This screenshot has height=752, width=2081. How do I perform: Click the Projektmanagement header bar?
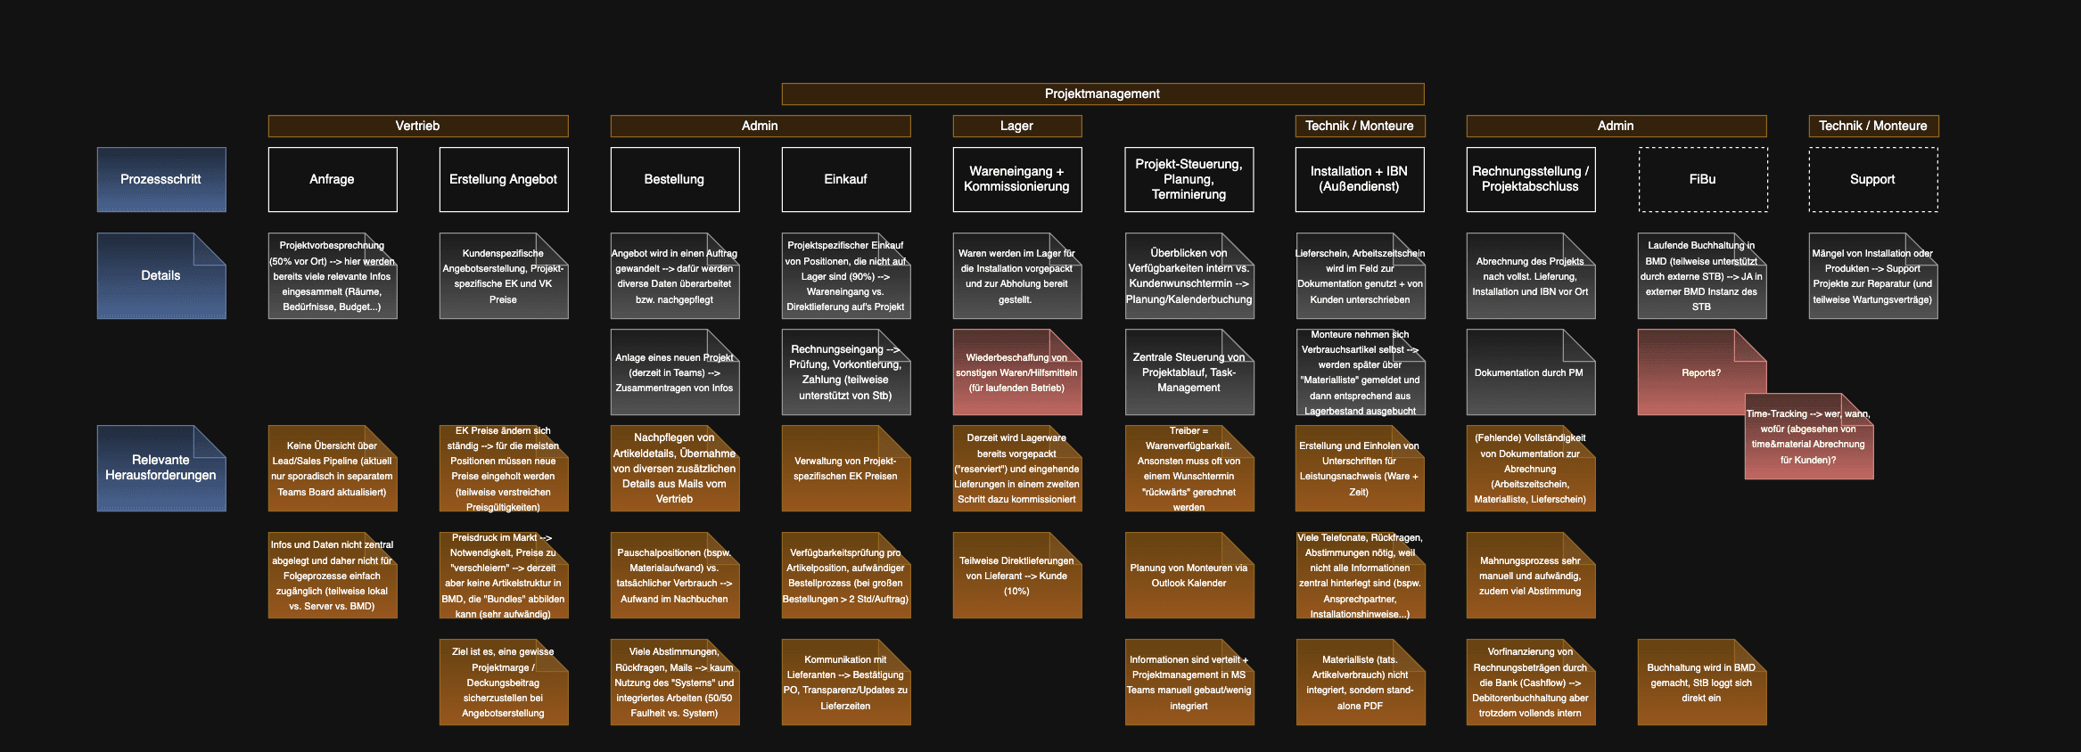click(1102, 94)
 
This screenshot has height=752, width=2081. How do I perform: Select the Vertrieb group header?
click(417, 126)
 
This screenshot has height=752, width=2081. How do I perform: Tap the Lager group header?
click(1016, 126)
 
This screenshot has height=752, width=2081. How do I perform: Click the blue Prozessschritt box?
click(161, 179)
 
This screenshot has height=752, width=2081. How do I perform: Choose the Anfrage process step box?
click(332, 179)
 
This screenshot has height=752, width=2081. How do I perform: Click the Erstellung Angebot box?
click(503, 179)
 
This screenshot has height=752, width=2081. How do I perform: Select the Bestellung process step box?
click(674, 179)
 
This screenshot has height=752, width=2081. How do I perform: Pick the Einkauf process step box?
click(845, 179)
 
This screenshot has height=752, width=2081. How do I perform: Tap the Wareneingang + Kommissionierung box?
click(1016, 179)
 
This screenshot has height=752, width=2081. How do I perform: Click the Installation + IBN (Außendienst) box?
click(1359, 179)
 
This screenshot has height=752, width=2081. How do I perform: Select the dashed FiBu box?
click(1702, 179)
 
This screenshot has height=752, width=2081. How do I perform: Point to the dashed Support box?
click(1872, 179)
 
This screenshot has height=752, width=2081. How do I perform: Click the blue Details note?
click(161, 276)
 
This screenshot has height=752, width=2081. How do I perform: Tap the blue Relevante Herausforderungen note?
click(161, 468)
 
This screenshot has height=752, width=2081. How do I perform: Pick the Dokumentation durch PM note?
click(1529, 372)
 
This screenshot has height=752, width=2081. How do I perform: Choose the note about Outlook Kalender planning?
click(1189, 576)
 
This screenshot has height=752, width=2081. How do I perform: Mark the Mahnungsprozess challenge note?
click(1530, 576)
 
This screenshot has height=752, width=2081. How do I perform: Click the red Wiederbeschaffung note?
click(1016, 372)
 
